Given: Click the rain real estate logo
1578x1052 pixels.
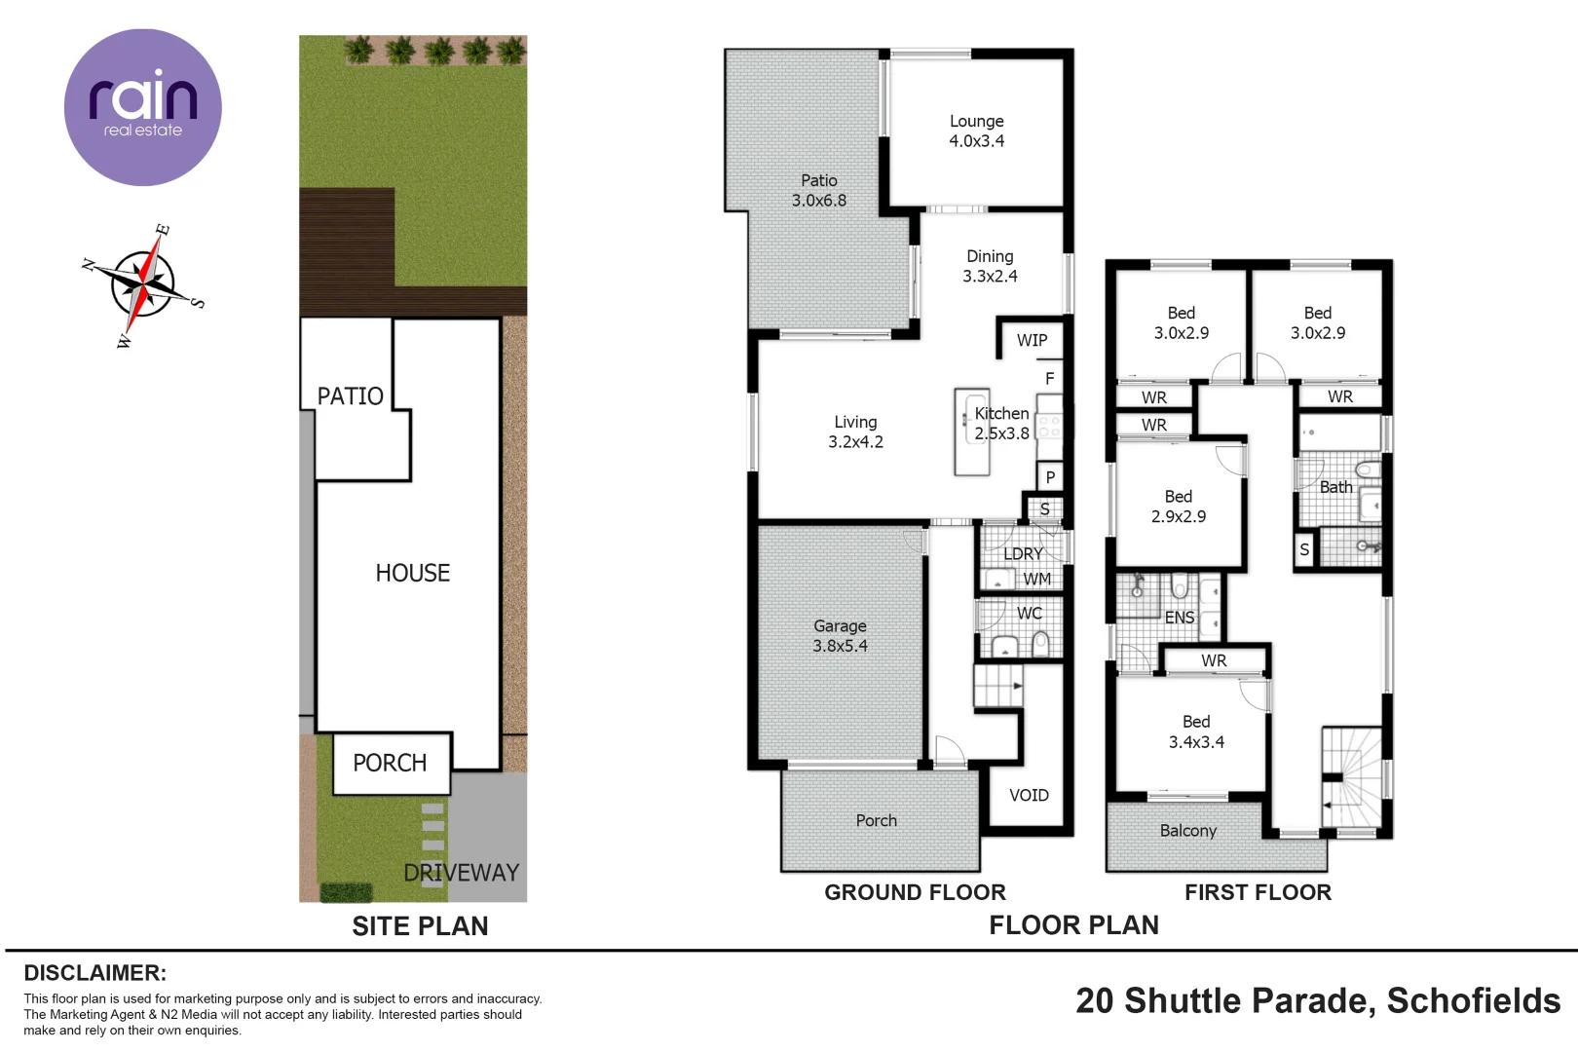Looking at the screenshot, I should coord(142,107).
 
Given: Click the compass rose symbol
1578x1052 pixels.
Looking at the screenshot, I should coord(144,285).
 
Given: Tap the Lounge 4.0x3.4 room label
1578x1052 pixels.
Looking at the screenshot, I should coord(977,131).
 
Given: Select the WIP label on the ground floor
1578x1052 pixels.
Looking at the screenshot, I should coord(1032,340).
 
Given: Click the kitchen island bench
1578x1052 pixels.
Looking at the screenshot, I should coord(971,432).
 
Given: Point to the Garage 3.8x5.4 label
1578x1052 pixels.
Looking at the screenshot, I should coord(840,635).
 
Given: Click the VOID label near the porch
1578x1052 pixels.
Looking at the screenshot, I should coord(1029,795).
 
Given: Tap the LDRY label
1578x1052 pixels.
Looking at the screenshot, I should coord(1023,553).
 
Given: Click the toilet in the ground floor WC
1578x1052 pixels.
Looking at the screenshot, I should coord(1040,642).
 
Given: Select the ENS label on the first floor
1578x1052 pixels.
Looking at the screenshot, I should coord(1179,618).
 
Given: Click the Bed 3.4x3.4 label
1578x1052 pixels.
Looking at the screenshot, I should coord(1196,732).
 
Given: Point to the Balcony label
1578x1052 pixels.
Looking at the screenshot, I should coord(1187,830).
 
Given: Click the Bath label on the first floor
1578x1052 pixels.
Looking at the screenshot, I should coord(1335,487).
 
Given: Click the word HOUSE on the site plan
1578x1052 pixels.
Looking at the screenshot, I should coord(413,573).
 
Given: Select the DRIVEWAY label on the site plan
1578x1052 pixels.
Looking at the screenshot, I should coord(461,872).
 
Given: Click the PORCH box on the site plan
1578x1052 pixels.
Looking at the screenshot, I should coord(391,763).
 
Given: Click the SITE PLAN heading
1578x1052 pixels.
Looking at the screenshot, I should coord(420,925).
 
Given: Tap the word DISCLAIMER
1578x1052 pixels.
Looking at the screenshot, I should coord(94,972).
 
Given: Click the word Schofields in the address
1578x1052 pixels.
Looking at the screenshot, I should coord(1473,1000).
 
